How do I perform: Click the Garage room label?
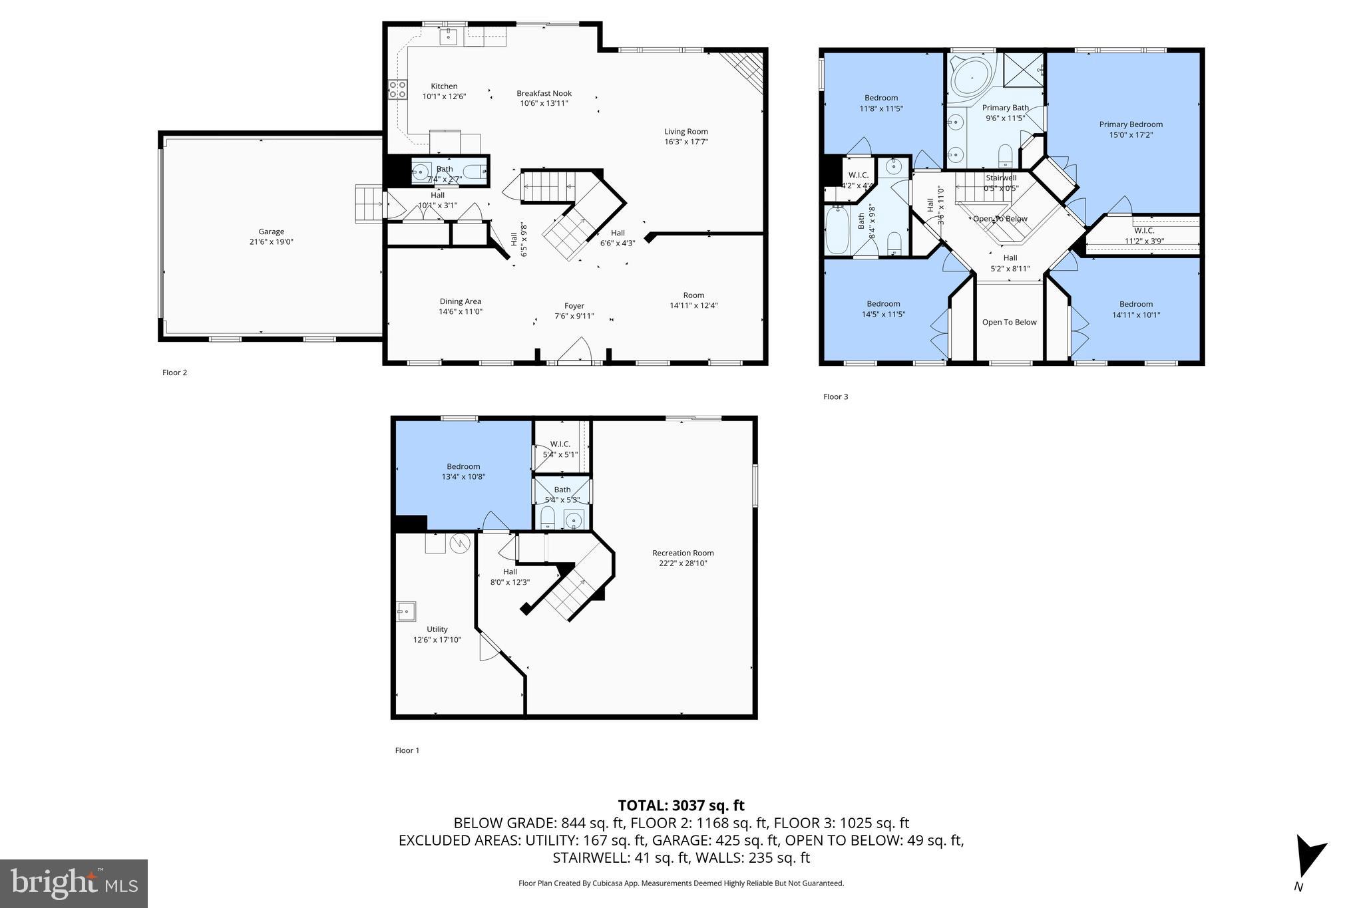click(x=271, y=232)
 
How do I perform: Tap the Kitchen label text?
click(x=444, y=86)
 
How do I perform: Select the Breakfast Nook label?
click(x=544, y=94)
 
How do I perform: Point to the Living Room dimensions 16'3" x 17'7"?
click(x=685, y=142)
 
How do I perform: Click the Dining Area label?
click(x=460, y=301)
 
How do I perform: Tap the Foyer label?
click(x=574, y=306)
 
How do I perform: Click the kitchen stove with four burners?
click(x=397, y=89)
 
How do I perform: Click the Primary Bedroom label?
click(x=1130, y=124)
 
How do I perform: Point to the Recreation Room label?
click(x=683, y=553)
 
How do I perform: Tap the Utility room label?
click(x=437, y=629)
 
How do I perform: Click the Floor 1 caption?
click(x=407, y=750)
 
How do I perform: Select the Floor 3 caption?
click(x=835, y=396)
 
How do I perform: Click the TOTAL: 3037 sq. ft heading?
click(x=681, y=806)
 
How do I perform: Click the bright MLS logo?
click(x=74, y=883)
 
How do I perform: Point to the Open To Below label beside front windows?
click(x=1009, y=323)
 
